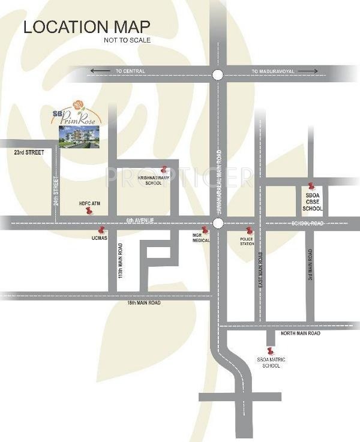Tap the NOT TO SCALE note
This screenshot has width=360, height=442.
pyautogui.click(x=127, y=40)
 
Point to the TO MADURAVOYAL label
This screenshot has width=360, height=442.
pyautogui.click(x=272, y=71)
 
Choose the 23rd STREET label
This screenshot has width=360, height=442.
pyautogui.click(x=29, y=153)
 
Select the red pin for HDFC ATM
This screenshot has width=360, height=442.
pyautogui.click(x=89, y=211)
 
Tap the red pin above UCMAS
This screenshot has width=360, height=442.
pyautogui.click(x=101, y=229)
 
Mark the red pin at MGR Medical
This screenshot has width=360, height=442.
pyautogui.click(x=205, y=230)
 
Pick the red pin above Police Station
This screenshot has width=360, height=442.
pyautogui.click(x=250, y=231)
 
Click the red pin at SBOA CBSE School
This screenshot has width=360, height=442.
pyautogui.click(x=310, y=187)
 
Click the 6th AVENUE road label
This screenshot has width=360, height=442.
pyautogui.click(x=140, y=221)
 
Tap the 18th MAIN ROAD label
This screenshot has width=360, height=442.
pyautogui.click(x=143, y=303)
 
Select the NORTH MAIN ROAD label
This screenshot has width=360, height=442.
pyautogui.click(x=300, y=333)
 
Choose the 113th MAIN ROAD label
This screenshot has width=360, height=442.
pyautogui.click(x=121, y=261)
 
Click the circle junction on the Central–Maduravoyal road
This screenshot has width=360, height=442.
pyautogui.click(x=218, y=74)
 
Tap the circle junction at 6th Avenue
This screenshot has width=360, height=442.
pyautogui.click(x=218, y=223)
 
